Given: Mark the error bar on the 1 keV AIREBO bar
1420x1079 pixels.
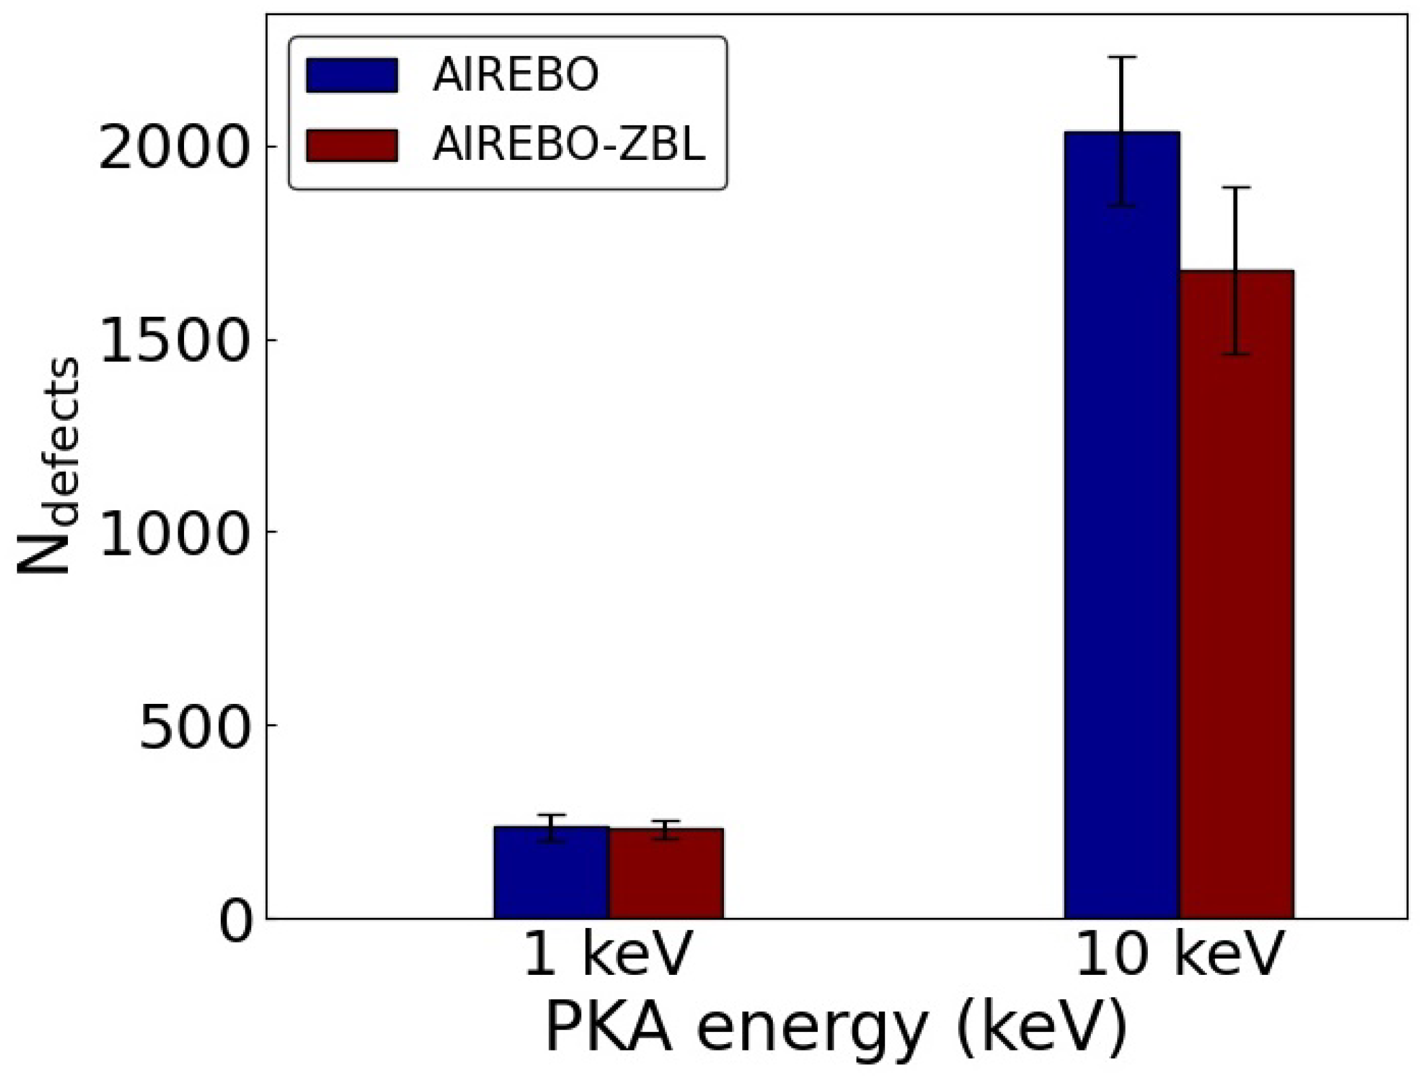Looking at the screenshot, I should click(551, 828).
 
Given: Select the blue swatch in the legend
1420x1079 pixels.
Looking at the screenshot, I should click(352, 76).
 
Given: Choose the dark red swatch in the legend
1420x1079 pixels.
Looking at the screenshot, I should click(352, 145).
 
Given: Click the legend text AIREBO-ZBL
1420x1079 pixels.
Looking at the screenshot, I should click(569, 145).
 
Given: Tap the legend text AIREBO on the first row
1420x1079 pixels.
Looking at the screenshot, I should click(515, 76).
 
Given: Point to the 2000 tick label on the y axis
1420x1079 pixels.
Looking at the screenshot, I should click(173, 148).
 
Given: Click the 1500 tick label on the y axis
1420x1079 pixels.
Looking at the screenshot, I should click(173, 340).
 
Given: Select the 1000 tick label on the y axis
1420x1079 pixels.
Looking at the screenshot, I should click(173, 533).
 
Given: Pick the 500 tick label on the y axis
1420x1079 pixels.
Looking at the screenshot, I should click(193, 725).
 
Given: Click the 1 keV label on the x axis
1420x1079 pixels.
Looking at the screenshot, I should click(607, 955).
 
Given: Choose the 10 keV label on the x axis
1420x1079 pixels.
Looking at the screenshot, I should click(1178, 955).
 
